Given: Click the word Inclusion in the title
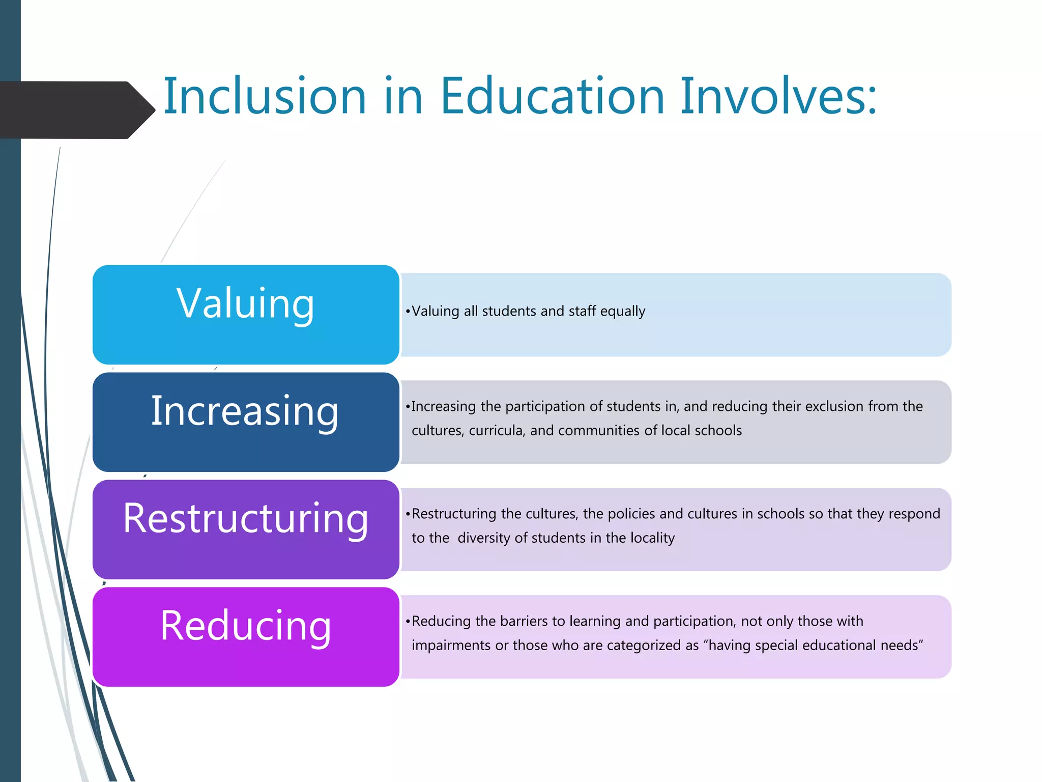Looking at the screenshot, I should (x=265, y=96).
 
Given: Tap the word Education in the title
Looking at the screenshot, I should (x=552, y=96).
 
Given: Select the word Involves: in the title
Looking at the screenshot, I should (x=778, y=96).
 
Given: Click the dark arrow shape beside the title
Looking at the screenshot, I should (x=76, y=110).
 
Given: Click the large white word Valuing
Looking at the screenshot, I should (x=245, y=303).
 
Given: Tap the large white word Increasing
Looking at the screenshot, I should (x=245, y=411).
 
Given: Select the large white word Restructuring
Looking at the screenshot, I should (x=245, y=518).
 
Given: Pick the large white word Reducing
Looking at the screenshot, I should (x=245, y=626).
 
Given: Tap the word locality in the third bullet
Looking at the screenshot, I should (x=652, y=538).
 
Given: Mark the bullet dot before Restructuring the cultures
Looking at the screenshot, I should (x=408, y=514).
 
